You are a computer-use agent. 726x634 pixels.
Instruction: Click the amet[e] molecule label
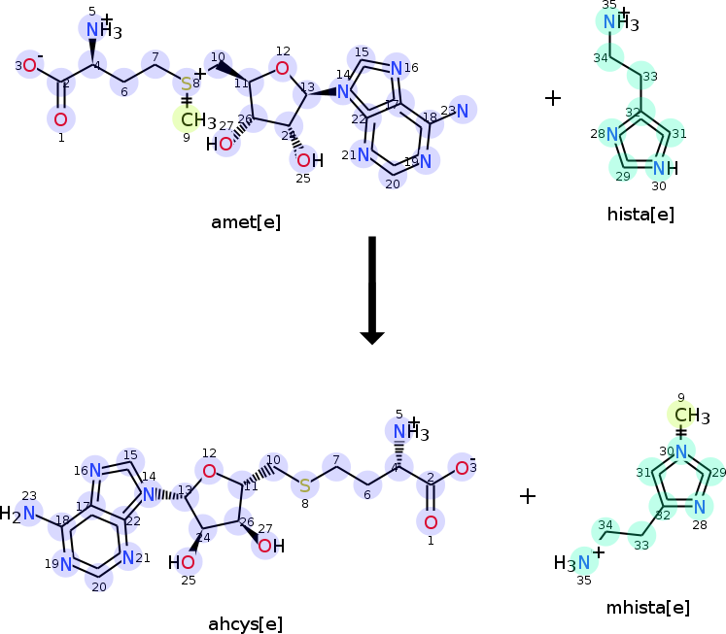pyautogui.click(x=246, y=222)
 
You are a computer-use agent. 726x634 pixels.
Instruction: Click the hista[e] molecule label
pyautogui.click(x=639, y=215)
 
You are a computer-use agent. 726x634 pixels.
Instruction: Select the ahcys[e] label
pyautogui.click(x=245, y=622)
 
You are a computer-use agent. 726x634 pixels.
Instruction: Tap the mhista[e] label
pyautogui.click(x=646, y=608)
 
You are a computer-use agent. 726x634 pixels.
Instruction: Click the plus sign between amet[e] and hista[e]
pyautogui.click(x=553, y=97)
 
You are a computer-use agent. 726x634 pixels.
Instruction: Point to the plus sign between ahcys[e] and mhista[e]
pyautogui.click(x=528, y=496)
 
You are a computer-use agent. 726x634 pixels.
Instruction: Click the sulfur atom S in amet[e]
pyautogui.click(x=187, y=84)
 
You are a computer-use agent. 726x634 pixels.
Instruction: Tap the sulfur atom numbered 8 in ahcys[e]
pyautogui.click(x=304, y=484)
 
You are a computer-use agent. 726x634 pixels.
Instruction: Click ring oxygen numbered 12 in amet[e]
pyautogui.click(x=282, y=67)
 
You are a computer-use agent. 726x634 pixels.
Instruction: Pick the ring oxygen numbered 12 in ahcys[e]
pyautogui.click(x=209, y=471)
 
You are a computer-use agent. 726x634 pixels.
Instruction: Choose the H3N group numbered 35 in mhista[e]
pyautogui.click(x=573, y=562)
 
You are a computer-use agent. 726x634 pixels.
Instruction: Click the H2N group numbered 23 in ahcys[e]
pyautogui.click(x=21, y=514)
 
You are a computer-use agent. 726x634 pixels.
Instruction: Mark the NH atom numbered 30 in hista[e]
pyautogui.click(x=663, y=167)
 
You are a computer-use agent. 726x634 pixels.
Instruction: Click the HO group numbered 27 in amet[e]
pyautogui.click(x=220, y=145)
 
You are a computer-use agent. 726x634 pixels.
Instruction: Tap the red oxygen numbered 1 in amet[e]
pyautogui.click(x=60, y=119)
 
